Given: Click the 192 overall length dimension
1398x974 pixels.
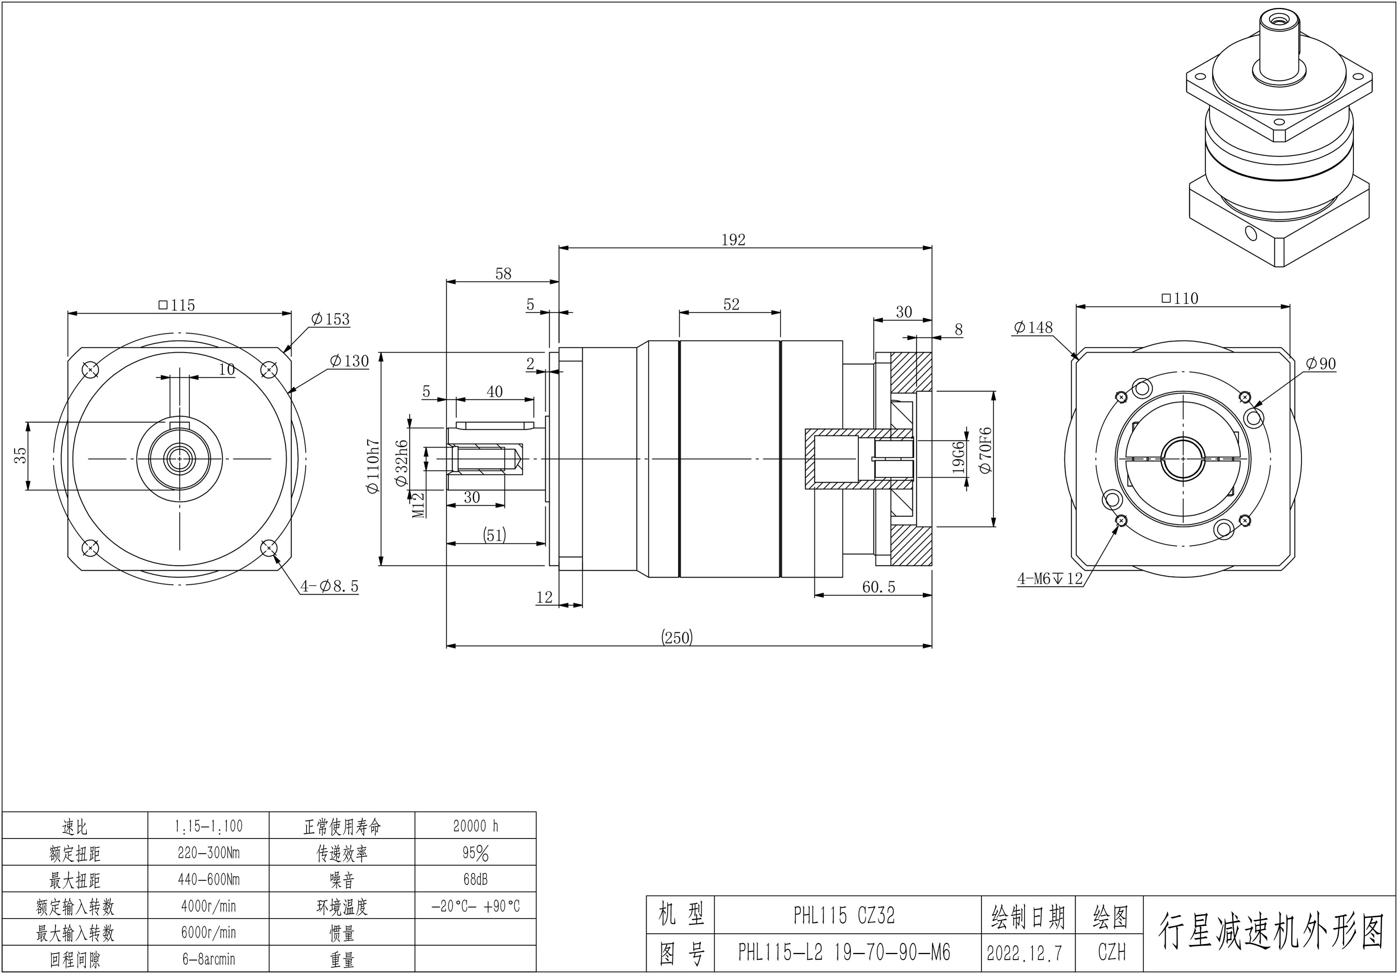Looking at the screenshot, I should (733, 240).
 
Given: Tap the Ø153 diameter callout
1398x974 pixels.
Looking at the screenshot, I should (330, 319).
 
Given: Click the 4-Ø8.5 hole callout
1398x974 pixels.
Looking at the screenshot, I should (330, 586).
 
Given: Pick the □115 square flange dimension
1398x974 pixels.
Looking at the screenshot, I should (177, 305).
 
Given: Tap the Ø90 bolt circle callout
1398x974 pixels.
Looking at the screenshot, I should (1321, 364).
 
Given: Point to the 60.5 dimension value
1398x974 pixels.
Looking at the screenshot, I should (879, 587).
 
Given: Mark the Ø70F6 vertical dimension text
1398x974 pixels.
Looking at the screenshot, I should (986, 451).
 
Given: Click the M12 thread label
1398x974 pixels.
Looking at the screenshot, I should (418, 505).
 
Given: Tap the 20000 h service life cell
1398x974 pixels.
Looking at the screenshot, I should (475, 826).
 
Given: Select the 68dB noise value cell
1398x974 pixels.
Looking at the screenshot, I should (475, 880).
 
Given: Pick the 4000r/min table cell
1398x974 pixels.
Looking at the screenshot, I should (208, 906).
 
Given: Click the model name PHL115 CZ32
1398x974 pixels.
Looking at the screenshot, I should (844, 915).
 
